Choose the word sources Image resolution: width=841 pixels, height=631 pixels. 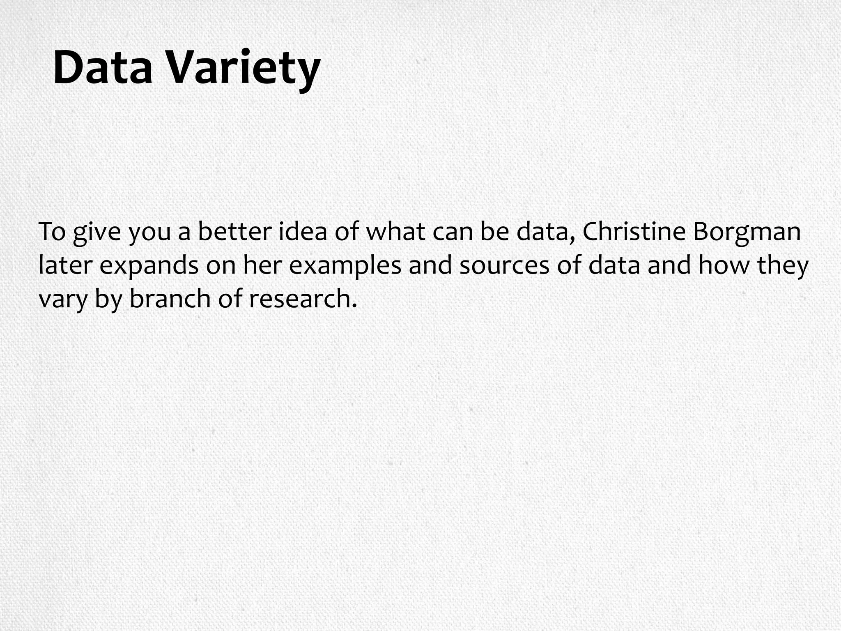504,266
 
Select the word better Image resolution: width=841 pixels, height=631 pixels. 234,232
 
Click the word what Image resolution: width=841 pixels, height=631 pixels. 395,232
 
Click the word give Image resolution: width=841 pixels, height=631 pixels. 97,233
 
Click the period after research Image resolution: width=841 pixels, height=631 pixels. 354,306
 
